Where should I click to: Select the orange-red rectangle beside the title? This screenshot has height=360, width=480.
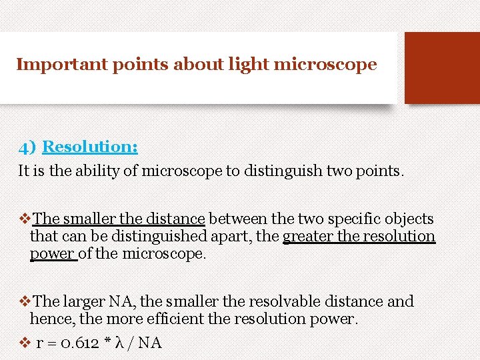(441, 68)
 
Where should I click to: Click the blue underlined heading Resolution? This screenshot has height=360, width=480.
(90, 147)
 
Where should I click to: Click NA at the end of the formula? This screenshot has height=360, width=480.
(150, 343)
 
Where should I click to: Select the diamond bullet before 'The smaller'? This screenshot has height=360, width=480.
(25, 219)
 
